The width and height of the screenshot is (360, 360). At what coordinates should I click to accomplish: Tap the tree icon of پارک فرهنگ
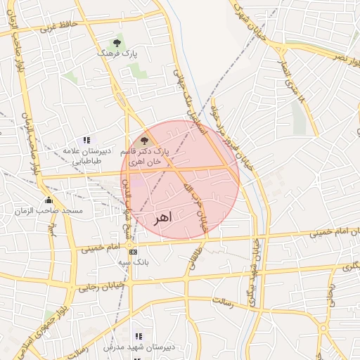coord(117,44)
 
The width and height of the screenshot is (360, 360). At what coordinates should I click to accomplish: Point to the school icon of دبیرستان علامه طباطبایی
coord(86,141)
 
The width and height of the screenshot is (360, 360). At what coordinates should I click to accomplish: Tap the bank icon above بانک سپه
coord(133,251)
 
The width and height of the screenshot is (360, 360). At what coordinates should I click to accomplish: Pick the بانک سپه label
coord(133,262)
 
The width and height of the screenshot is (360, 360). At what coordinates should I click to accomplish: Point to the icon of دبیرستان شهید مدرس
coord(139,337)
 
